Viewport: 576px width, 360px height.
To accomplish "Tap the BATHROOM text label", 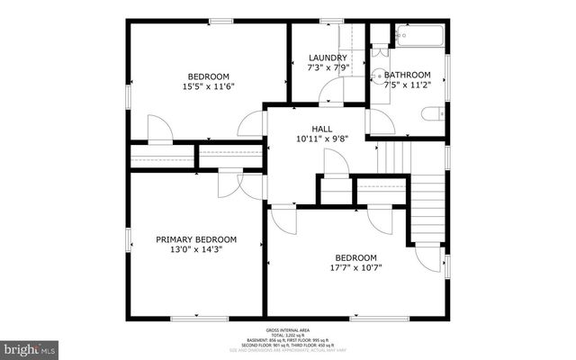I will (407, 75).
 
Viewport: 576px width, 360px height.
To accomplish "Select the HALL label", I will (322, 128).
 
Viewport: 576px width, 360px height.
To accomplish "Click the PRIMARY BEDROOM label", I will (196, 239).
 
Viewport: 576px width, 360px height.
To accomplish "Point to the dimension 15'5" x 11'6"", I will (208, 87).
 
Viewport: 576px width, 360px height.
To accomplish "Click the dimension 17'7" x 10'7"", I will (357, 266).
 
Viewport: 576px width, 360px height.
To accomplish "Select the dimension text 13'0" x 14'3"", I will (195, 250).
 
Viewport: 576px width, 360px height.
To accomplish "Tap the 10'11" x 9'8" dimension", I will (322, 139).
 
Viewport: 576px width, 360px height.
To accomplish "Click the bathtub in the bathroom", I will (418, 36).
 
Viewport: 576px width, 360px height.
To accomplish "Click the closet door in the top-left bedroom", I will (159, 130).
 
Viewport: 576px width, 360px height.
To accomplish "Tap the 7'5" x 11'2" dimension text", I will (407, 86).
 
